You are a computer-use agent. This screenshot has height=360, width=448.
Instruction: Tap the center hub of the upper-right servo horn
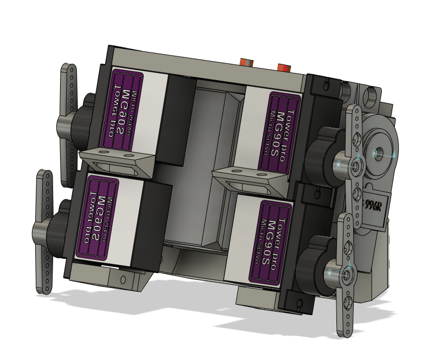[x=356, y=164]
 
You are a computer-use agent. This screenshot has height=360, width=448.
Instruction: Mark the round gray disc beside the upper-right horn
[x=379, y=154]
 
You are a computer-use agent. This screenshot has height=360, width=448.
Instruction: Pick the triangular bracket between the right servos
[x=250, y=176]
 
